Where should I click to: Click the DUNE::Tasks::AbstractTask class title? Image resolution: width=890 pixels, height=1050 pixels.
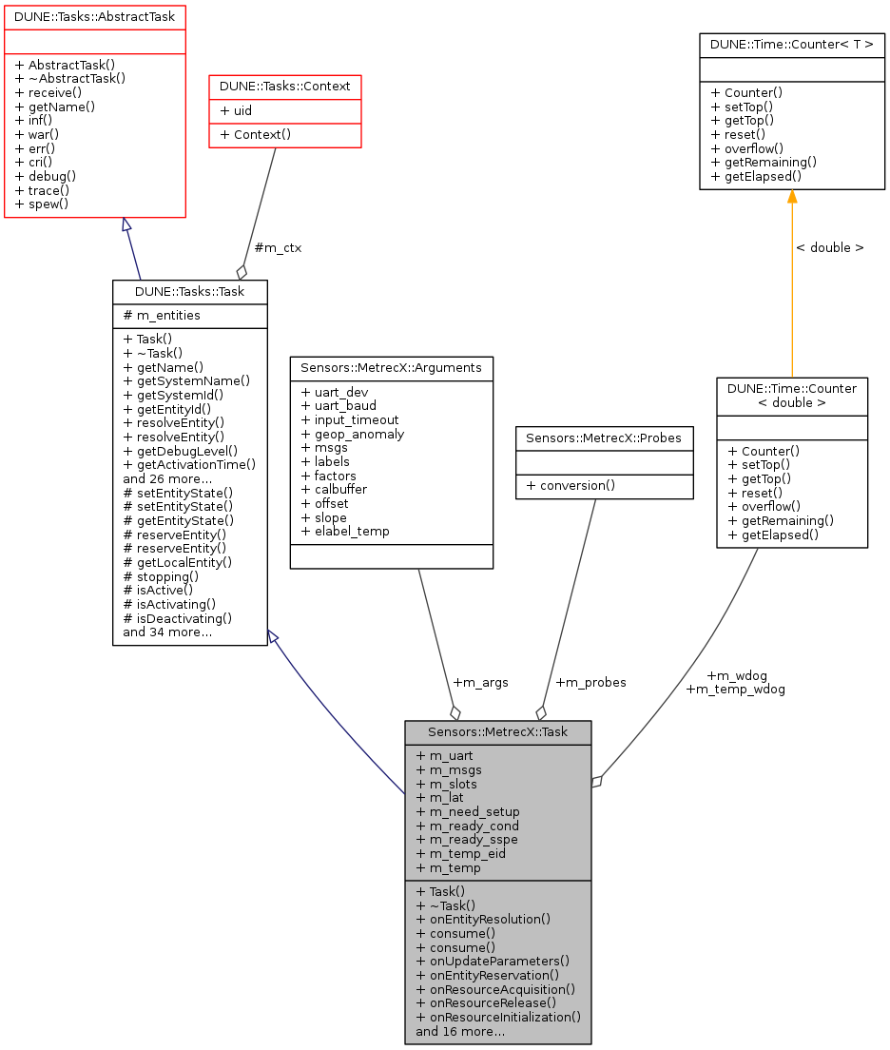coord(94,15)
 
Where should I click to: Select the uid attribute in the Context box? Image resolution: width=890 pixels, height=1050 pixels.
coord(237,110)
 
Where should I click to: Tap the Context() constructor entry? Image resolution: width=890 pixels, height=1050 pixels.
coord(255,134)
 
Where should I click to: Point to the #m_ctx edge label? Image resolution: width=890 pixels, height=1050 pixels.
coord(278,248)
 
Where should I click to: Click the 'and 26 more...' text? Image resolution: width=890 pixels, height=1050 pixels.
coord(167,478)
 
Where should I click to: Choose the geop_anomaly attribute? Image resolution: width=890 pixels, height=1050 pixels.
coord(352,434)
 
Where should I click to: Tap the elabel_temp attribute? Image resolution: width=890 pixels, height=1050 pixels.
coord(344,531)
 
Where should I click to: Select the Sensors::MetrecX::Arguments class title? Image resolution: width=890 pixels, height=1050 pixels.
coord(391,367)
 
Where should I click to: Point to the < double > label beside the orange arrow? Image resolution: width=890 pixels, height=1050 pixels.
coord(829,248)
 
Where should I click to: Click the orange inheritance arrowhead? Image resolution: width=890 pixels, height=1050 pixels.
coord(791,196)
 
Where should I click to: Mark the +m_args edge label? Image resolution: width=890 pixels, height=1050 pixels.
coord(480,682)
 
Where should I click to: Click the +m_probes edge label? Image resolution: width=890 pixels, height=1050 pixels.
coord(590,682)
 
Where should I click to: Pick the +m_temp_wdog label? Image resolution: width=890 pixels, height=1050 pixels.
coord(735,689)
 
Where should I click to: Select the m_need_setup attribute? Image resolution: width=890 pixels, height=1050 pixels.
coord(468,811)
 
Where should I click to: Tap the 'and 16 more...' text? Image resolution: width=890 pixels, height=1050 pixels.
coord(460,1031)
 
